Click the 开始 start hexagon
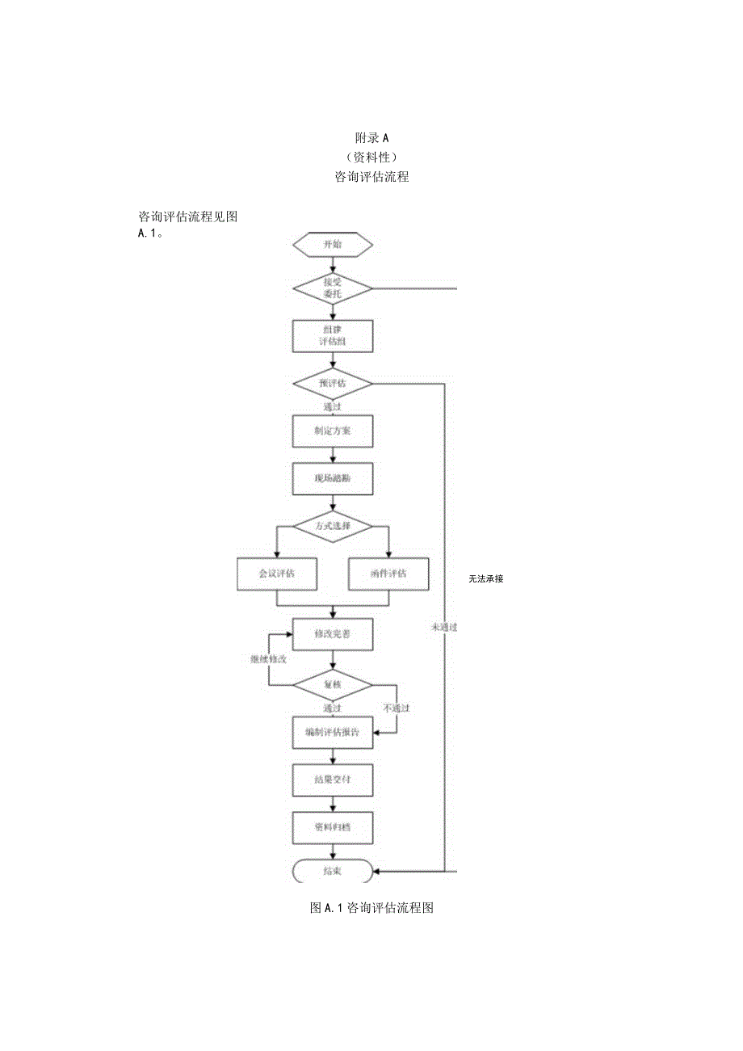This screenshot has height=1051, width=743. [332, 244]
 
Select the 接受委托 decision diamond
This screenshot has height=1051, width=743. [332, 288]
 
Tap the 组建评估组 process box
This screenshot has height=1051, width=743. [332, 336]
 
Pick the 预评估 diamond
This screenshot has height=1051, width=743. [332, 383]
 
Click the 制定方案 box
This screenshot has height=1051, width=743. [332, 431]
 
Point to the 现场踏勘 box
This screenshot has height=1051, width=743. [332, 478]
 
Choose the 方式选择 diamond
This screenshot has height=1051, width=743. [332, 526]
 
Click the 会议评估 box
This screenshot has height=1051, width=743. [276, 574]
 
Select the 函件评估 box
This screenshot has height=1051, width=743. [388, 574]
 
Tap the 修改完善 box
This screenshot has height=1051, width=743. [332, 633]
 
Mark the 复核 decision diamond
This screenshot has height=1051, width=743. [332, 685]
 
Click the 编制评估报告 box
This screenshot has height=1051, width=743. [332, 733]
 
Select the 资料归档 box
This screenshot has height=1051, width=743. [332, 827]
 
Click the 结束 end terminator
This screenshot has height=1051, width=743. [332, 871]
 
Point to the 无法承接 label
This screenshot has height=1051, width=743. [485, 578]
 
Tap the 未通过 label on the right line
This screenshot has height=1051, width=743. [444, 626]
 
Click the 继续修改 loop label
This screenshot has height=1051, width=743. [268, 659]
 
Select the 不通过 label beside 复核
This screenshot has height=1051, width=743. [396, 708]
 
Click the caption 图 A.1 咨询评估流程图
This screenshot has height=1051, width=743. [371, 908]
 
